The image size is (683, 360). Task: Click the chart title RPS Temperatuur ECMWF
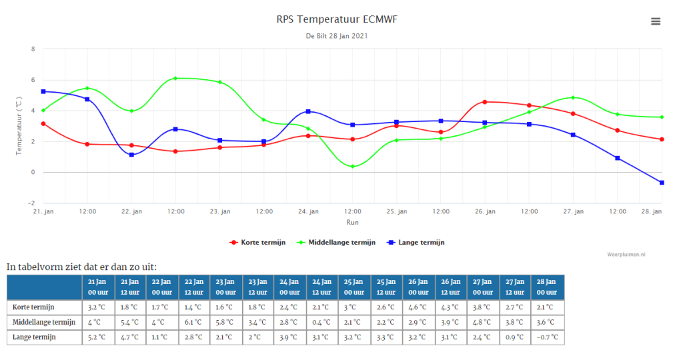[x=337, y=19]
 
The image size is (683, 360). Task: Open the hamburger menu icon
[x=656, y=21]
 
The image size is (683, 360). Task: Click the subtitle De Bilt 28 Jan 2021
[x=337, y=36]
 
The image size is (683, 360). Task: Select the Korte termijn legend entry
[x=257, y=243]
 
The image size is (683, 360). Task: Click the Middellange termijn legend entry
[x=336, y=243]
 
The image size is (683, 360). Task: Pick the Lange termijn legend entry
[x=416, y=243]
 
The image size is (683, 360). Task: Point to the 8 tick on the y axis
[x=33, y=49]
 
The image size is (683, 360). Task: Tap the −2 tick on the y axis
[x=31, y=203]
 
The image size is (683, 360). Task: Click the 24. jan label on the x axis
[x=308, y=211]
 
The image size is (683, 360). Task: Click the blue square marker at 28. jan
[x=662, y=183]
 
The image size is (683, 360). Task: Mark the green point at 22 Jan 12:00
[x=175, y=79]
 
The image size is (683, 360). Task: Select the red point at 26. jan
[x=485, y=102]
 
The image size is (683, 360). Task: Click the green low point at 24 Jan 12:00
[x=352, y=166]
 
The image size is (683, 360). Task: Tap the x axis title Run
[x=352, y=223]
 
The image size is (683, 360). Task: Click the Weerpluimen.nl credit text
[x=626, y=255]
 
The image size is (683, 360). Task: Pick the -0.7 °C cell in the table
[x=548, y=337]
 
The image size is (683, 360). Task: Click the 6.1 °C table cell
[x=194, y=322]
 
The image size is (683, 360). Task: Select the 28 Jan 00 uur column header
[x=548, y=287]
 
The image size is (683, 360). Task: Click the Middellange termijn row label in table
[x=44, y=322]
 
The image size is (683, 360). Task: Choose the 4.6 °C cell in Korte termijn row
[x=419, y=307]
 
